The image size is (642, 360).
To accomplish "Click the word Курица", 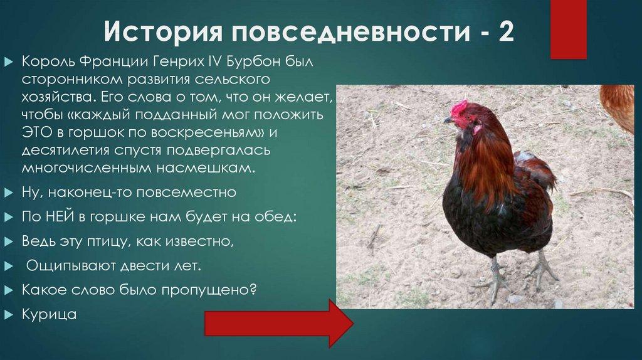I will [x=49, y=314].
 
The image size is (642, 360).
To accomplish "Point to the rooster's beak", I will [x=447, y=119].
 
